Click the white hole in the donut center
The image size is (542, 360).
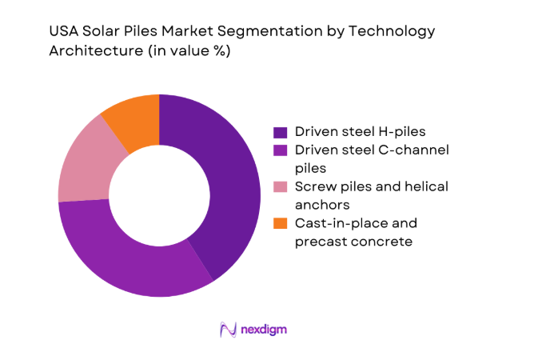[x=159, y=195]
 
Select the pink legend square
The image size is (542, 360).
[x=281, y=186]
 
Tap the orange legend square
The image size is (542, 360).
[x=281, y=223]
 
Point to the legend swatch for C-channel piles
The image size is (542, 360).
[x=281, y=150]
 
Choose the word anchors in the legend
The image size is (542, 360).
[x=321, y=204]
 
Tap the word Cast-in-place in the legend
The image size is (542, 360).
[x=335, y=222]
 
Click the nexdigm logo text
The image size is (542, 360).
[x=265, y=329]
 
